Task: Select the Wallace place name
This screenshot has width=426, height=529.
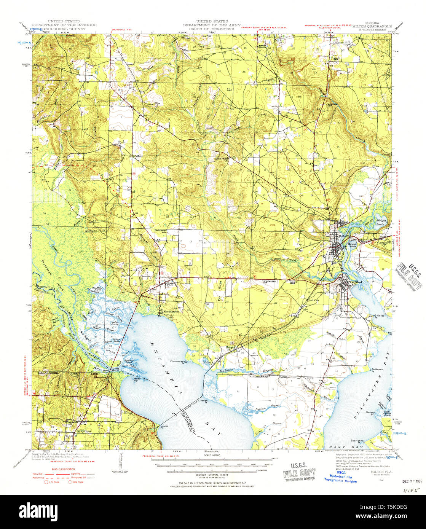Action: point(137,156)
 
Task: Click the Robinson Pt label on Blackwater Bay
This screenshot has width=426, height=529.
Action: point(377,370)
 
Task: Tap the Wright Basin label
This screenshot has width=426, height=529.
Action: point(381,223)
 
